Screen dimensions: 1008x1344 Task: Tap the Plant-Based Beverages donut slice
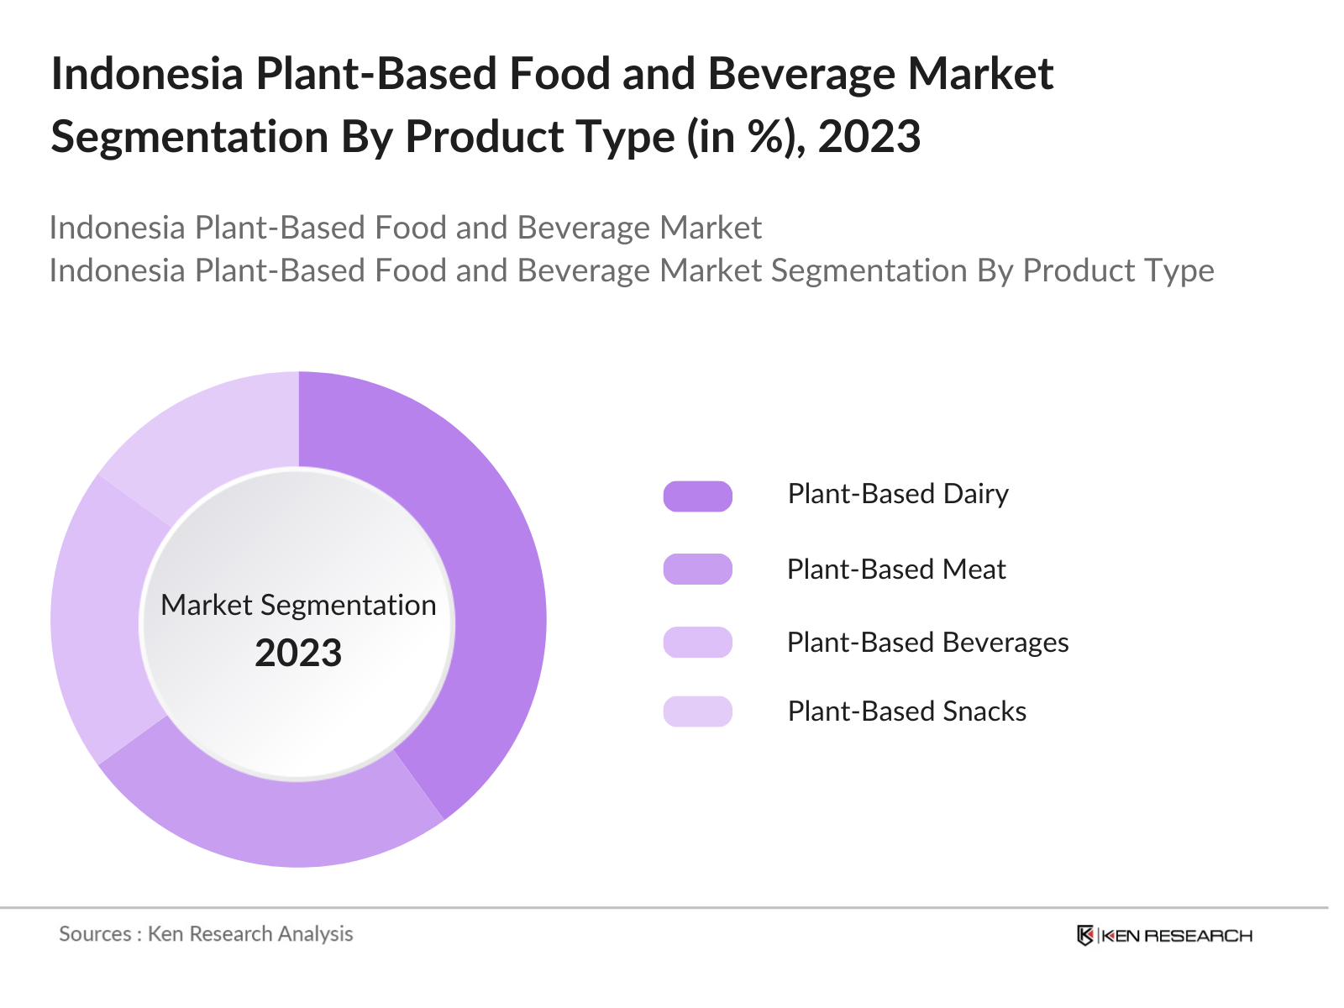pos(97,622)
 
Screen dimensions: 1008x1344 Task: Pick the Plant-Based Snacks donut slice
pos(210,428)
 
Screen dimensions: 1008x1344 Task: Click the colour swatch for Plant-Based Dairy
pos(697,496)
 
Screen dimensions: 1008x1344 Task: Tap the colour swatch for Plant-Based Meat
pos(697,570)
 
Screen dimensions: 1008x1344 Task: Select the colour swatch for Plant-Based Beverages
pos(697,643)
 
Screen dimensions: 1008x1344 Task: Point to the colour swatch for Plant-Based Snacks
pos(697,711)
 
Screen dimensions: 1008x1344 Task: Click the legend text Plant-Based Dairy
pos(897,494)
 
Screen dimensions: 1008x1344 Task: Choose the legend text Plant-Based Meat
pos(895,570)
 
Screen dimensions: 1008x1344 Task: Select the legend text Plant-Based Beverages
pos(927,643)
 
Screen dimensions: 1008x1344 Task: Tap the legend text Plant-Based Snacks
pos(906,711)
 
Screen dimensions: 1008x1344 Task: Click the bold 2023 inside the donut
pos(298,654)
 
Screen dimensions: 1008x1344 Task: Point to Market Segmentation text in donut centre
pos(298,605)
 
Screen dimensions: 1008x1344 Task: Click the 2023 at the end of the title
pos(869,137)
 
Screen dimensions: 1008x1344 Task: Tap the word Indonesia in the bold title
pos(147,74)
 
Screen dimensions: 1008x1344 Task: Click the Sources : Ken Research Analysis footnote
pos(206,934)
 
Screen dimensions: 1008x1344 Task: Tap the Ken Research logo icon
pos(1085,936)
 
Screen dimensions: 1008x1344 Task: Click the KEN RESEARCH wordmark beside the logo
pos(1176,936)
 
